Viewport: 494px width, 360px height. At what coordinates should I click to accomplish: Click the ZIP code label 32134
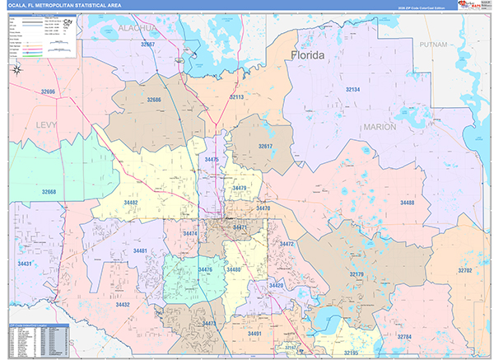(352, 89)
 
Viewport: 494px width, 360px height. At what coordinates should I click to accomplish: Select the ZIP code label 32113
(236, 97)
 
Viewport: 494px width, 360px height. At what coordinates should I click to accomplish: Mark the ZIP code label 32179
(357, 274)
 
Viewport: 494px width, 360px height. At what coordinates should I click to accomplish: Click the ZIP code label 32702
(466, 269)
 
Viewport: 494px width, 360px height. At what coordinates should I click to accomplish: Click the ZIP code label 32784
(404, 337)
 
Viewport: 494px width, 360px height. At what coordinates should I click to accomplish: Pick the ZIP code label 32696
(49, 91)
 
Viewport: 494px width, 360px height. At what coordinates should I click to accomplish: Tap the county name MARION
(379, 128)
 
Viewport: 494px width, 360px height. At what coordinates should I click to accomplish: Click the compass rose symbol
(18, 72)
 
